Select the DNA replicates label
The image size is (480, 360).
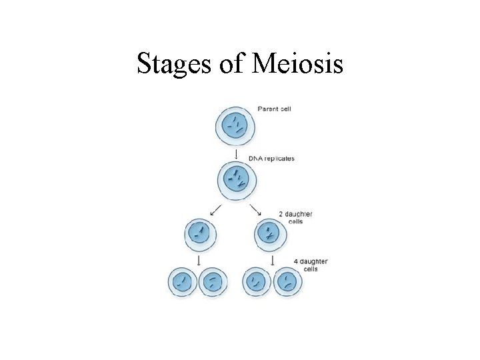(x=271, y=159)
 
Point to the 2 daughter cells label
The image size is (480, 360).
(x=295, y=217)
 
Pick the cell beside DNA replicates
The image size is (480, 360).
(x=235, y=179)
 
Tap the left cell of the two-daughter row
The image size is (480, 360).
(x=201, y=234)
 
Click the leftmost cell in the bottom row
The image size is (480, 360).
(x=182, y=282)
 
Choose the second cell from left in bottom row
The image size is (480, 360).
(x=212, y=282)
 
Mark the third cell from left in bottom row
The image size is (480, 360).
(x=257, y=282)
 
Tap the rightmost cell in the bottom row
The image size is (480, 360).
(x=287, y=282)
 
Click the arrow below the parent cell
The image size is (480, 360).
(x=237, y=155)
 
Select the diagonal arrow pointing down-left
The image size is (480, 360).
(x=215, y=210)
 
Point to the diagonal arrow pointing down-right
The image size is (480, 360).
(x=255, y=210)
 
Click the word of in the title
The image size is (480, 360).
(x=226, y=63)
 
